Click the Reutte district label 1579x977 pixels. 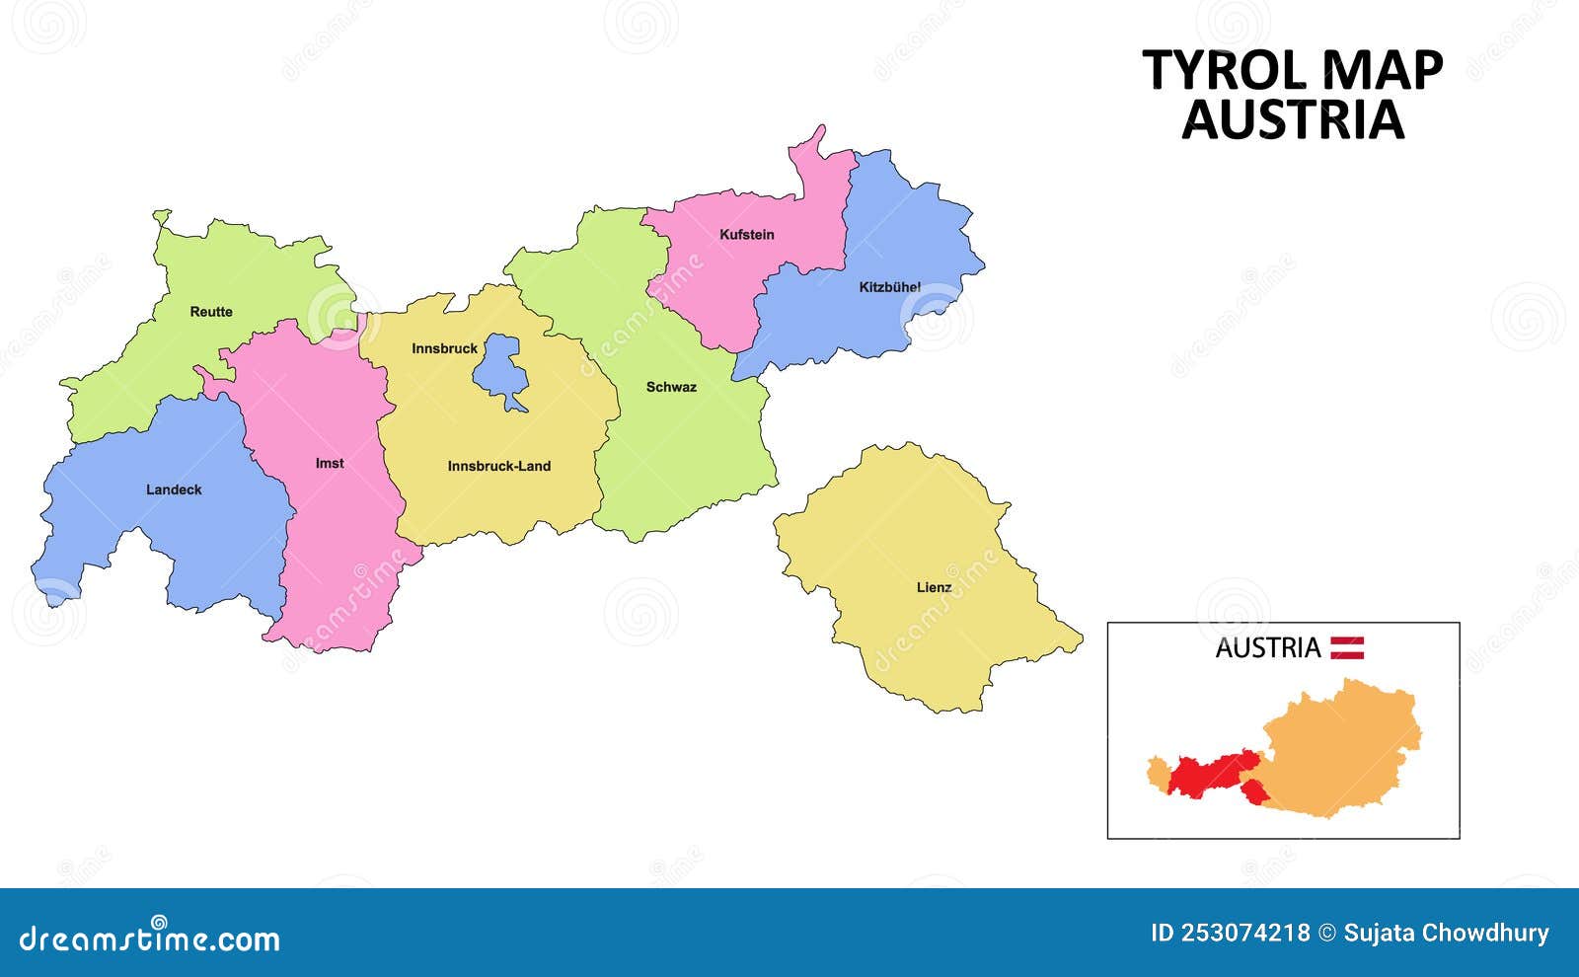point(211,312)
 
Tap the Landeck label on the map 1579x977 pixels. point(174,489)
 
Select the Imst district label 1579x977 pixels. point(330,463)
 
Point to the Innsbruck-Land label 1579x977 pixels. point(498,466)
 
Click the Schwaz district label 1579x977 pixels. point(671,387)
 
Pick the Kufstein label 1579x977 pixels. point(746,235)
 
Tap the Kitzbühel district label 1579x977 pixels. point(889,287)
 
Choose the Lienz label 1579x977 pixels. point(934,587)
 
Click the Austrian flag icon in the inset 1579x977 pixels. point(1346,647)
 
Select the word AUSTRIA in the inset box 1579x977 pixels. point(1267,648)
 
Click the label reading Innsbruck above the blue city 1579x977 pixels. point(444,348)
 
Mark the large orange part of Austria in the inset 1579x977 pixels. point(1342,750)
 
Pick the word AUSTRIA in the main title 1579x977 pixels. point(1293,120)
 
